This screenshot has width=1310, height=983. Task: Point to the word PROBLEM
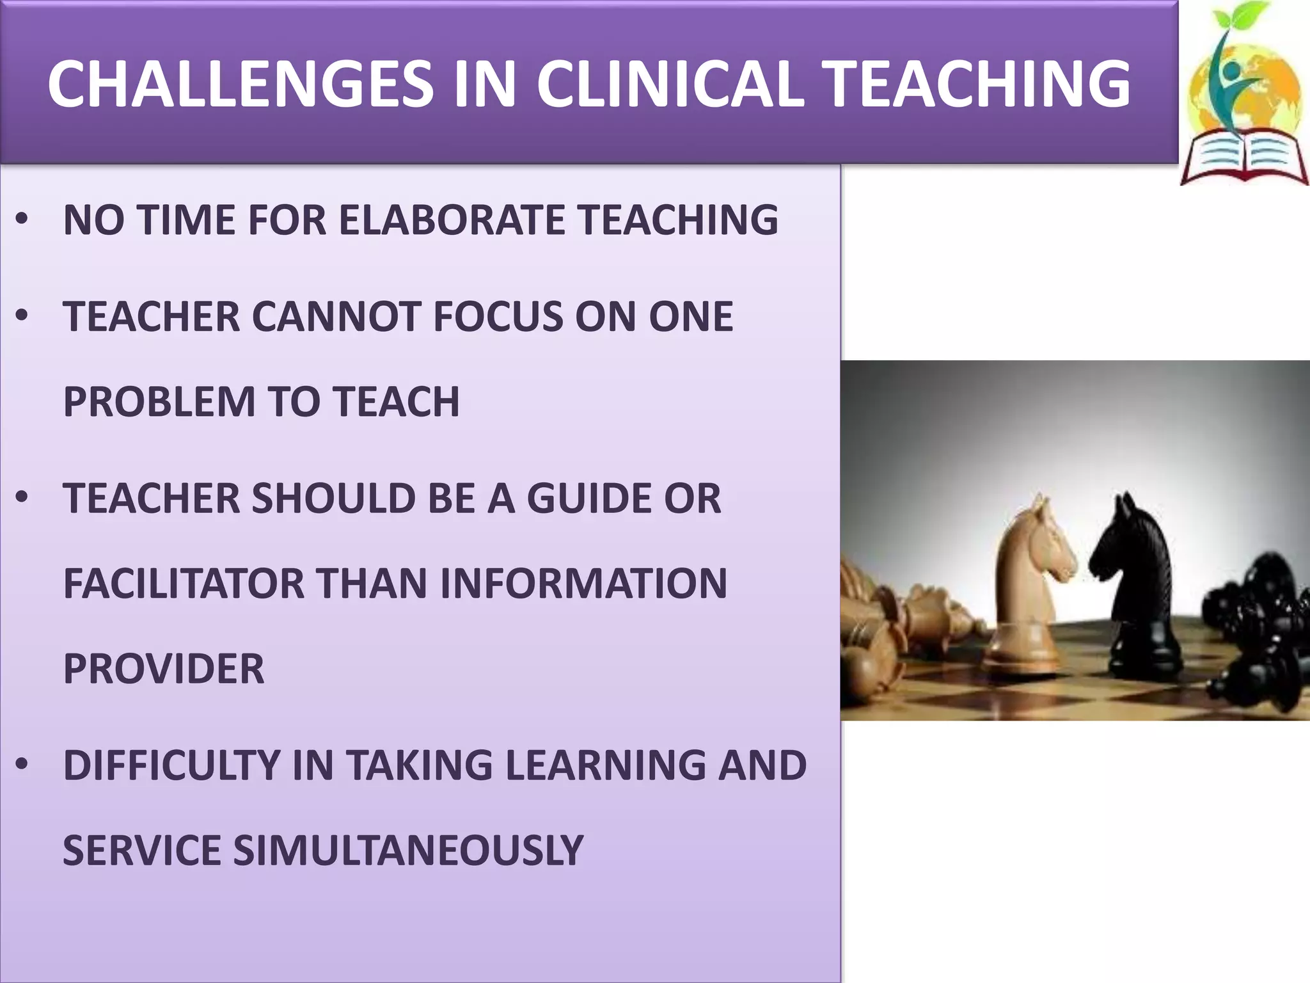tap(159, 402)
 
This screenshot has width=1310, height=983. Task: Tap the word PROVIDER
tap(163, 669)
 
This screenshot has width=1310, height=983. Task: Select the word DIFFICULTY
tap(172, 765)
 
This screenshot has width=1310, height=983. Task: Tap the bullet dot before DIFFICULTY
tap(22, 764)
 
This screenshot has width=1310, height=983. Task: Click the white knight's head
tap(1039, 544)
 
